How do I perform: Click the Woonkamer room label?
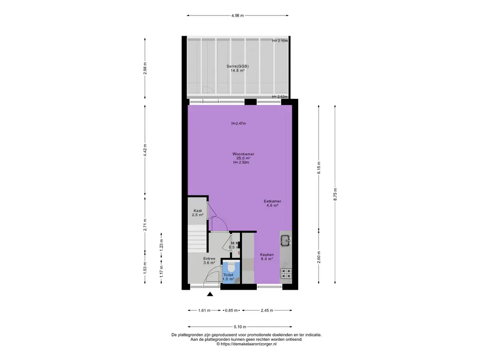[243, 154]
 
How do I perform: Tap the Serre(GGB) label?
[238, 66]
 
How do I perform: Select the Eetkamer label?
[272, 202]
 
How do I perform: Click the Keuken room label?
[267, 255]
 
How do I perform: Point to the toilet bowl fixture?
[232, 267]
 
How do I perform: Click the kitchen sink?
[286, 240]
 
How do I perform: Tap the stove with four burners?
[286, 273]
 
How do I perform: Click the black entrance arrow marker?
[210, 294]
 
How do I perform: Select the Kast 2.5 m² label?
[198, 213]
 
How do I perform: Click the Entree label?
[210, 259]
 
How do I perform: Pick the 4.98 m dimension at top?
[238, 15]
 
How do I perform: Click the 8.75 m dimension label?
[335, 195]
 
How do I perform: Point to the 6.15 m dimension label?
[319, 168]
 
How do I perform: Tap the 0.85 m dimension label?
[232, 310]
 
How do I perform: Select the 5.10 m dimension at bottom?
[240, 327]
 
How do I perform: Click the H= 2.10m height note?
[280, 41]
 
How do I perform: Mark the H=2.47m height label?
[239, 124]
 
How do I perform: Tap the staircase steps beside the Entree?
[197, 238]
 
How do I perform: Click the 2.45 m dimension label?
[267, 310]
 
